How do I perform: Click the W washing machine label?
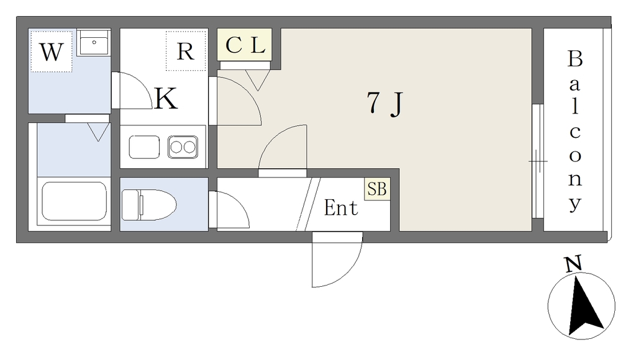(x=51, y=52)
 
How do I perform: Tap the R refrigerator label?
(x=185, y=52)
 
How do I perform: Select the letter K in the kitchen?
(x=166, y=99)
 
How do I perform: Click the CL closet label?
(x=245, y=45)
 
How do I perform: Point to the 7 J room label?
(x=385, y=103)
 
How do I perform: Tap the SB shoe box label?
(x=377, y=189)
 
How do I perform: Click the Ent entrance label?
(x=341, y=208)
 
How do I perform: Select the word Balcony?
(x=575, y=131)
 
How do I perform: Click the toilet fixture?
(x=149, y=205)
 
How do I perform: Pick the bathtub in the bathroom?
(x=75, y=201)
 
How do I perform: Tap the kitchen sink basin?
(x=144, y=146)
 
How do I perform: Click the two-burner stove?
(x=183, y=146)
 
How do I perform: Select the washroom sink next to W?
(x=94, y=43)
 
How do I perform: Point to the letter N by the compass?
(x=573, y=264)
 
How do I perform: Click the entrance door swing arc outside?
(x=337, y=259)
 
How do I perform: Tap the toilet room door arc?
(x=229, y=210)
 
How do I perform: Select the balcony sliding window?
(x=537, y=161)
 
